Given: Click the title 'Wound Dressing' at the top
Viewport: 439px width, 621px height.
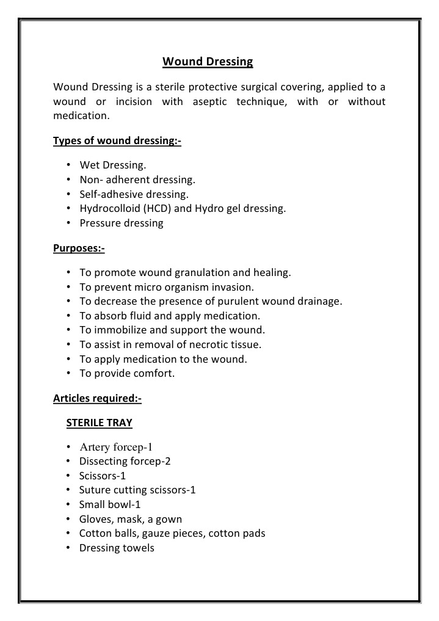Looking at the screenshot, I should click(x=208, y=62).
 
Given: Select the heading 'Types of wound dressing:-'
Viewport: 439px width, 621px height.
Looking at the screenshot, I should click(x=117, y=141).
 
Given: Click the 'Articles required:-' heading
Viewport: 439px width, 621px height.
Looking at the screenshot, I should click(x=97, y=399).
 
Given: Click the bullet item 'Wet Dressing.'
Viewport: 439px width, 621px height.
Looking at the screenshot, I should click(x=113, y=165).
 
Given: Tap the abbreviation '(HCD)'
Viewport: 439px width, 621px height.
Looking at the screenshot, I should click(x=153, y=209).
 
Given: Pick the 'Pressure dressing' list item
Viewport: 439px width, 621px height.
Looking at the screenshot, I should click(x=122, y=223).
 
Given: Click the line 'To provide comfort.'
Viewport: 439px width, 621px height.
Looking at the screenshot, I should click(x=127, y=374).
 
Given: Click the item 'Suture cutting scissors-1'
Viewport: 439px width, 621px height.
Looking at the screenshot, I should click(x=137, y=490).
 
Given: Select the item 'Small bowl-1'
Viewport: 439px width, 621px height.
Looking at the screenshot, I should click(x=110, y=504).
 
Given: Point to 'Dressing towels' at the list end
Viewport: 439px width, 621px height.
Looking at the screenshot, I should click(x=117, y=548).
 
